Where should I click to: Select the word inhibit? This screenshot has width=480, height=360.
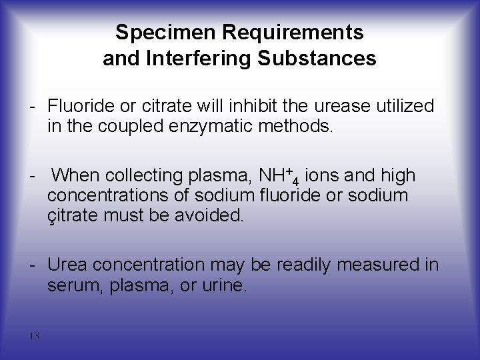click(251, 105)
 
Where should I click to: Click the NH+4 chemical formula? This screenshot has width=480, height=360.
click(289, 177)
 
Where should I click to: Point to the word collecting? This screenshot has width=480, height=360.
click(147, 176)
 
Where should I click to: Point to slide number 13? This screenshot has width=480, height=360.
click(34, 336)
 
